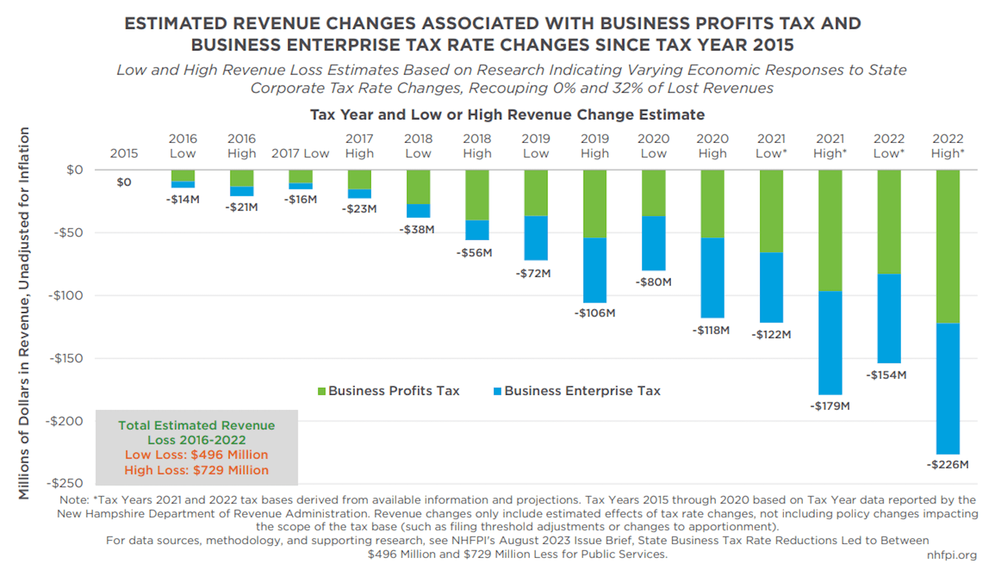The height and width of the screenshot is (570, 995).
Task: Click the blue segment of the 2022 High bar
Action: [x=947, y=388]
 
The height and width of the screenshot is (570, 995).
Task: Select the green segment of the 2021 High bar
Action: [x=830, y=230]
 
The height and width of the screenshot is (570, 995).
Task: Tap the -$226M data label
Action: [x=947, y=464]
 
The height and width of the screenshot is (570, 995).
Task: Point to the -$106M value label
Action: [x=594, y=313]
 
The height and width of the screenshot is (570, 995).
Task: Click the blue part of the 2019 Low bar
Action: [x=536, y=238]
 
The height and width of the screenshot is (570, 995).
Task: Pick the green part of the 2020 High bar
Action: [x=712, y=204]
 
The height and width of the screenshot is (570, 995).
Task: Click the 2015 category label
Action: [x=124, y=153]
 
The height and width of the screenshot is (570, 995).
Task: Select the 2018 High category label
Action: [x=477, y=146]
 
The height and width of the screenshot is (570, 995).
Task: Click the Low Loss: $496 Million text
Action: [x=196, y=455]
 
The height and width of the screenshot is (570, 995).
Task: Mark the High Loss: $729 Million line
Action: [x=196, y=470]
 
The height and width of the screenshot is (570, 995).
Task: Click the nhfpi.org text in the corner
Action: [x=951, y=555]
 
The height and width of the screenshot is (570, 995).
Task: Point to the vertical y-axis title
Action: [x=24, y=313]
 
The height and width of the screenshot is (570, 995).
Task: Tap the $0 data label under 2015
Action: [x=124, y=182]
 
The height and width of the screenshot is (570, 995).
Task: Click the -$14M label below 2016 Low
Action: [x=183, y=199]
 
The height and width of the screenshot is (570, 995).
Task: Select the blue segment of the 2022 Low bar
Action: [x=888, y=318]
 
